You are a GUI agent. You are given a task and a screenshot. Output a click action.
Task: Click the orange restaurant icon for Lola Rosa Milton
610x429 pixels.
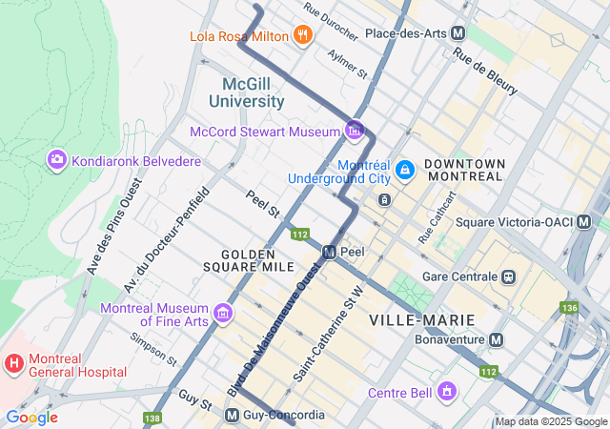coord(303,36)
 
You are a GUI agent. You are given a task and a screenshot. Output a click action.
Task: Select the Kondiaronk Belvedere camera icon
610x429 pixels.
coord(55,159)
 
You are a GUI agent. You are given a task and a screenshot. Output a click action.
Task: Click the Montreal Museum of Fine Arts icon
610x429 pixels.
coord(223,313)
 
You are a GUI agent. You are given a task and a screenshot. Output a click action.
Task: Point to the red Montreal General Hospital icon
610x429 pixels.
coord(14,363)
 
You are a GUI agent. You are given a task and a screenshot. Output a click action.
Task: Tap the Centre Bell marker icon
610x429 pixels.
coord(445,392)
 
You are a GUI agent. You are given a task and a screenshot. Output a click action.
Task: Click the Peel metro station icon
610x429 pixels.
coord(329,253)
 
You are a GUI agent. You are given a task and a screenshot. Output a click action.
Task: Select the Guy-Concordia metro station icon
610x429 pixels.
coord(232,416)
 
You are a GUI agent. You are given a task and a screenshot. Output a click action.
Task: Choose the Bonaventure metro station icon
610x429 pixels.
coord(497,339)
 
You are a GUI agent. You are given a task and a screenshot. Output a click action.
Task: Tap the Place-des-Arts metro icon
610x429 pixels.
coord(459,33)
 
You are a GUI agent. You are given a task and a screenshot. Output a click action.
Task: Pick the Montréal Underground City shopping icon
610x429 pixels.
coord(405,170)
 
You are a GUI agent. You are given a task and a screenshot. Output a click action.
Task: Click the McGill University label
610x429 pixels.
coord(247,92)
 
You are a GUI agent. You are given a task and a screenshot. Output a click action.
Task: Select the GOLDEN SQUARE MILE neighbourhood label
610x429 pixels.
coord(248,261)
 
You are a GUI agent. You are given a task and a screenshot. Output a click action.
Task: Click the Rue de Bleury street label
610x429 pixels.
coord(485,71)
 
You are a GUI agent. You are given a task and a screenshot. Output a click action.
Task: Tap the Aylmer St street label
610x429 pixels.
coord(348,64)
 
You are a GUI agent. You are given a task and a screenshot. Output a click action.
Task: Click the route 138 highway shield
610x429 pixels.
coord(152,418)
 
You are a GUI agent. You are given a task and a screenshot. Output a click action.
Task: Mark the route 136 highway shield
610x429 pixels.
coord(570,307)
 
